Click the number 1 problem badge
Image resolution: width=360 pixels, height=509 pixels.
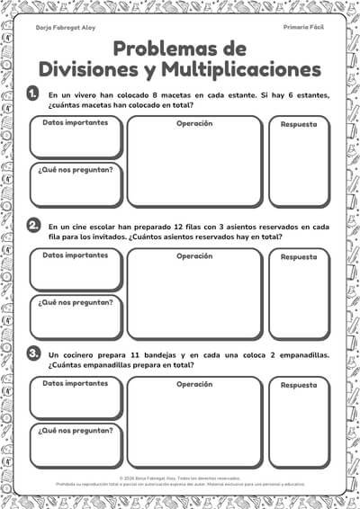tap(32, 94)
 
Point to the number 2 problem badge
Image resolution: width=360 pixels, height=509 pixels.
tap(32, 225)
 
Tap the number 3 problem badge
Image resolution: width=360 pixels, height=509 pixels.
tap(32, 354)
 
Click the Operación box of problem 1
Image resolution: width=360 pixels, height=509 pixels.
tap(193, 166)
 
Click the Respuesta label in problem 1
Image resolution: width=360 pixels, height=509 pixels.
tap(299, 124)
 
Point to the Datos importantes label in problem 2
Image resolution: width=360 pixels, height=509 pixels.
tap(75, 254)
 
